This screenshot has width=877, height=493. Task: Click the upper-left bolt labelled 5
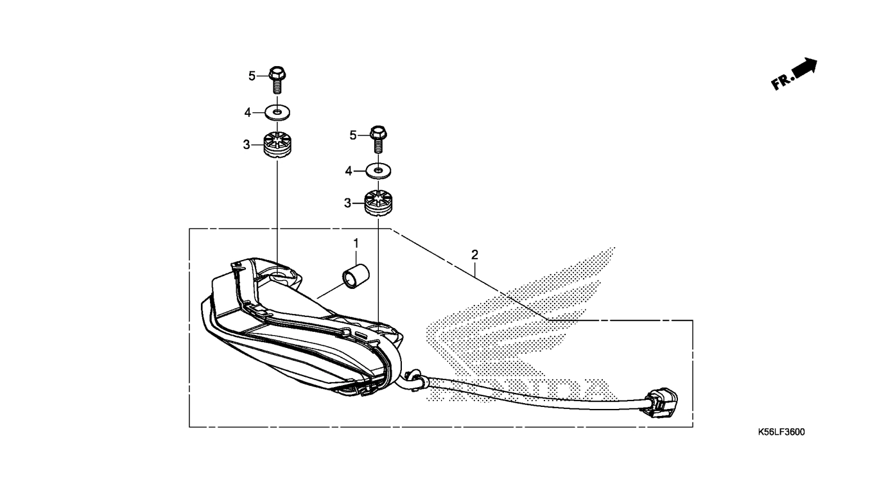click(x=277, y=80)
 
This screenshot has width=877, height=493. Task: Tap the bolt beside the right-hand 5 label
click(x=378, y=139)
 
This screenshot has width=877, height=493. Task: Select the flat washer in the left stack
click(x=277, y=113)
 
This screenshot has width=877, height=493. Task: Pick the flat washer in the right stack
click(x=378, y=171)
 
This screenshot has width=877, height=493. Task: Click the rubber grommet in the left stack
click(x=277, y=145)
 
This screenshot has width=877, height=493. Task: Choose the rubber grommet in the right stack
click(x=378, y=203)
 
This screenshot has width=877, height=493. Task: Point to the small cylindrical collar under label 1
click(x=356, y=277)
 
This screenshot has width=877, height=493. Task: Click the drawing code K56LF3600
click(x=781, y=432)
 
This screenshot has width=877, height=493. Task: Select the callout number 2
click(x=474, y=255)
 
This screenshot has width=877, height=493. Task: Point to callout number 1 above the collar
click(x=356, y=243)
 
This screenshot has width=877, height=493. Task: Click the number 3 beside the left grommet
click(x=247, y=145)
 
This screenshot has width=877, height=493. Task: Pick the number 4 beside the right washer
click(x=349, y=171)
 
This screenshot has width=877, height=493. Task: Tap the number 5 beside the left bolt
click(x=252, y=76)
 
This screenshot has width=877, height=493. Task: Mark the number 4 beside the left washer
click(x=247, y=113)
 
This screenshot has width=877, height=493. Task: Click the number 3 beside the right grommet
click(x=348, y=203)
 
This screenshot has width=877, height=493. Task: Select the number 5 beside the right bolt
click(x=352, y=135)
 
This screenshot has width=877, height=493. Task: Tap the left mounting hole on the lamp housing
click(x=279, y=277)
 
